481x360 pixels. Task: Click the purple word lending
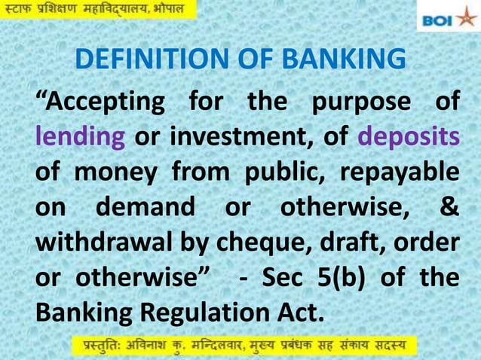[x=79, y=138]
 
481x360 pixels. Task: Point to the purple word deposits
[x=408, y=138]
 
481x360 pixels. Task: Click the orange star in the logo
[x=465, y=17]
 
